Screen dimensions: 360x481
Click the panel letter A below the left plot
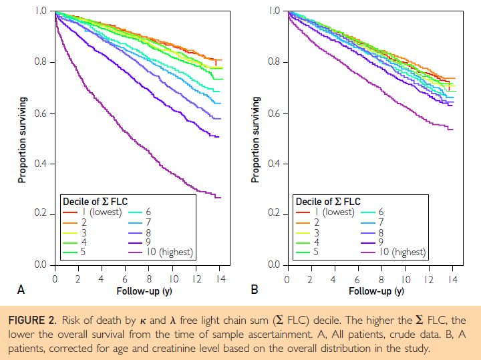21,290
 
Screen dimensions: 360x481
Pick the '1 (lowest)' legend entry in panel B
337,212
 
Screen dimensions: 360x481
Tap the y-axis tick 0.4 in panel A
39,164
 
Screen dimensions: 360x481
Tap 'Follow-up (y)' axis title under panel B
375,291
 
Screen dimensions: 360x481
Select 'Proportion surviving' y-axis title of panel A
22,139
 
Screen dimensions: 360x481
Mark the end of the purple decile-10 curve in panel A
220,197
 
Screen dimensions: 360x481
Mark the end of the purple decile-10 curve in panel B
453,129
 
